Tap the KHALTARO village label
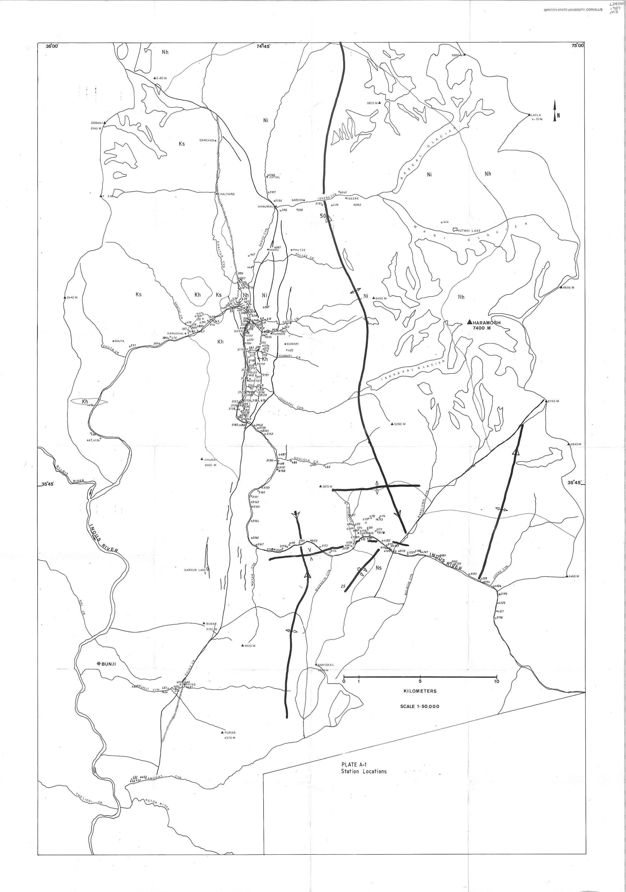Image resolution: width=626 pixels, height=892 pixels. [x=226, y=194]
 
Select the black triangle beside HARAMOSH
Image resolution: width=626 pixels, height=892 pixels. [x=469, y=322]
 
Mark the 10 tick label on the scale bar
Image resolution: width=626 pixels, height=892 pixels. [x=496, y=681]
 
